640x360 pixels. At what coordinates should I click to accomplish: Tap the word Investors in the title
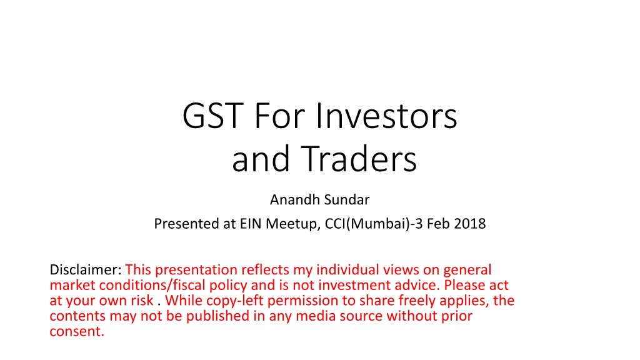[386, 116]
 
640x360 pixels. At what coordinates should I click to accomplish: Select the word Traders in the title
[359, 158]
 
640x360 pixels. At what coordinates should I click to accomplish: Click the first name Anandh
[295, 199]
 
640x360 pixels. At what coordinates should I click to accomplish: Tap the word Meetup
[292, 224]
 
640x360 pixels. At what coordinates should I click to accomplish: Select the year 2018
[470, 224]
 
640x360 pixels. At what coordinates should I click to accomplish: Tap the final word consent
[77, 331]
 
